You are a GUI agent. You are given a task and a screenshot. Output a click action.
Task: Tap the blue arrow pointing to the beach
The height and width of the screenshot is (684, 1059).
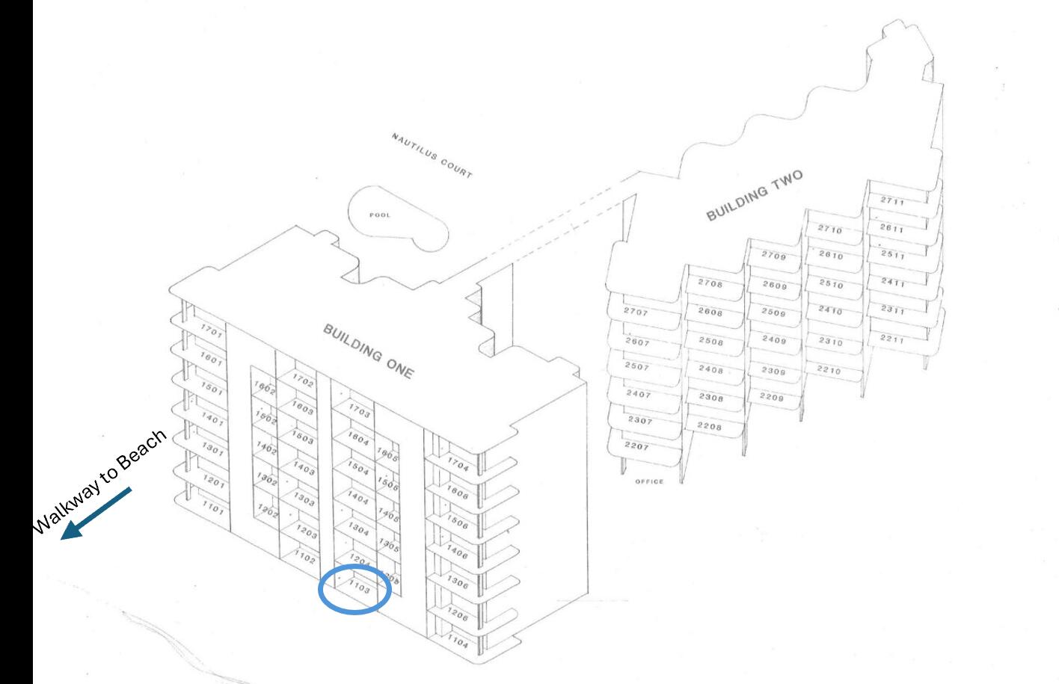pyautogui.click(x=97, y=513)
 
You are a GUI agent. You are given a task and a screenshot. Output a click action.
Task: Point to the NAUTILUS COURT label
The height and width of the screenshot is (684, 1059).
pyautogui.click(x=432, y=155)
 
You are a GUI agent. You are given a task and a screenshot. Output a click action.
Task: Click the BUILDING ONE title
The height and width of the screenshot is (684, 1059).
pyautogui.click(x=367, y=351)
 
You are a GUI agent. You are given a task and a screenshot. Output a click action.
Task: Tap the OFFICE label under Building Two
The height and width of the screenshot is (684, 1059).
pyautogui.click(x=648, y=481)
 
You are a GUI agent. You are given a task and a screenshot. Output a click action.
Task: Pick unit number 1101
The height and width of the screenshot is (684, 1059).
pyautogui.click(x=212, y=509)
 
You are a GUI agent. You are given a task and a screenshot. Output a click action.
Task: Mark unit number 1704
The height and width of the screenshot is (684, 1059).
pyautogui.click(x=458, y=466)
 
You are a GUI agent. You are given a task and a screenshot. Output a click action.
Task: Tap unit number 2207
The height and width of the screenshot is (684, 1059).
pyautogui.click(x=636, y=446)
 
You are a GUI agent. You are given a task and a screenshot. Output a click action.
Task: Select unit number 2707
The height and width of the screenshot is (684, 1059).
pyautogui.click(x=635, y=312)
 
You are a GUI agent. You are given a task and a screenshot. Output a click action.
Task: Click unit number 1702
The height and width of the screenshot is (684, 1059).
pyautogui.click(x=303, y=382)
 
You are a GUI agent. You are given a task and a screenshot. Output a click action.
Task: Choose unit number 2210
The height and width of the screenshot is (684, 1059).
pyautogui.click(x=828, y=370)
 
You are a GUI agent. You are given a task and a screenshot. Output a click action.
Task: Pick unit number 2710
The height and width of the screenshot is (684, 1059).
pyautogui.click(x=829, y=229)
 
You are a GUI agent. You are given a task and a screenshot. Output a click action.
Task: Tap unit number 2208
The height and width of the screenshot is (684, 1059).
pyautogui.click(x=709, y=426)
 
